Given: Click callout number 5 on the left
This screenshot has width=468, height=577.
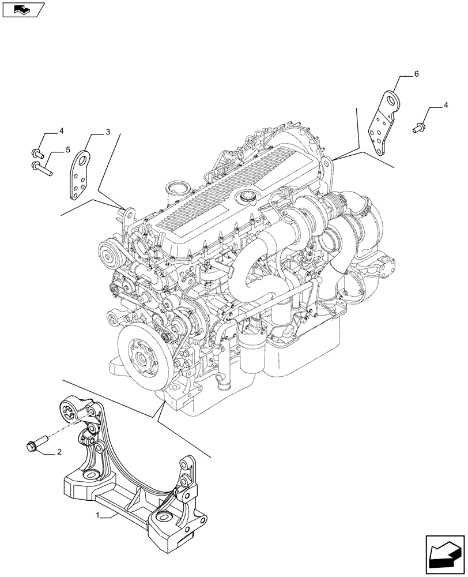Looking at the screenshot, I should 67,150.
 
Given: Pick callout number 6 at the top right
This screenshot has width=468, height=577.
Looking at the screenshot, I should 416,74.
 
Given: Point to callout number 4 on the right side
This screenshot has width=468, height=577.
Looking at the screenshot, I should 446,106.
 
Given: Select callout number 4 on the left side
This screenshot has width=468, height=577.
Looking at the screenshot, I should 61,131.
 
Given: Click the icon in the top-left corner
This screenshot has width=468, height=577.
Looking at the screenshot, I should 22,9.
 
